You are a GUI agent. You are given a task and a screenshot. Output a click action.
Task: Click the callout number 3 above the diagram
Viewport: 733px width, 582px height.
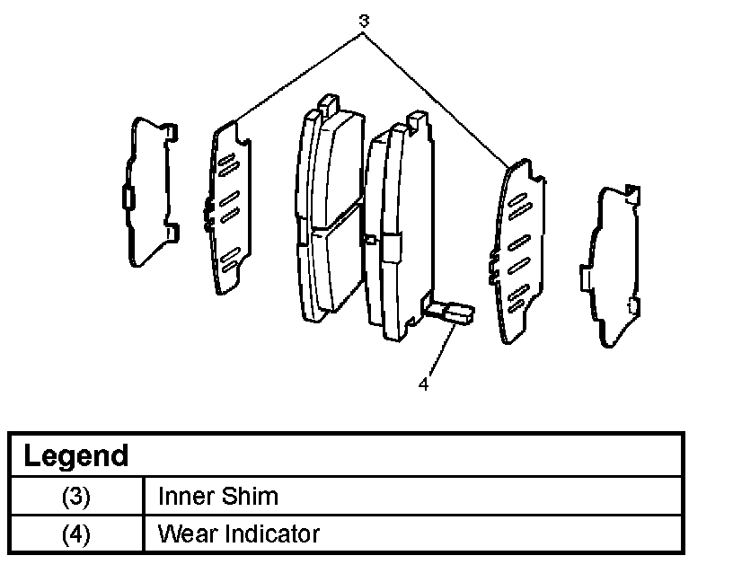tap(362, 20)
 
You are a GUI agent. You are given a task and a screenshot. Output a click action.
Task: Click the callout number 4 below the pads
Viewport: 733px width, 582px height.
tap(422, 384)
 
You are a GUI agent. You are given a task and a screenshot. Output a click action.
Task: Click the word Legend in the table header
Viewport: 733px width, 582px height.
tap(75, 455)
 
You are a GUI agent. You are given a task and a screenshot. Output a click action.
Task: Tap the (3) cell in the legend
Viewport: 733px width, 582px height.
tap(76, 496)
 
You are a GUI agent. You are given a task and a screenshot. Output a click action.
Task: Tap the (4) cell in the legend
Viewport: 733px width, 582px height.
tap(76, 534)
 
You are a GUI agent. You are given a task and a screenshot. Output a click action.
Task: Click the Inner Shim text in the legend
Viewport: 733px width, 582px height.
tap(217, 496)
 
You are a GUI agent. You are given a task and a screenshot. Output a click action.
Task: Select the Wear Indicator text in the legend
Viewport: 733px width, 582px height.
tap(238, 534)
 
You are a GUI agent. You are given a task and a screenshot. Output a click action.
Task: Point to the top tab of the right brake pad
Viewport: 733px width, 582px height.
tap(417, 120)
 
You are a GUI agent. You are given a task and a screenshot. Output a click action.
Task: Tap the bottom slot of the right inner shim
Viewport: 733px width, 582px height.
tap(517, 295)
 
